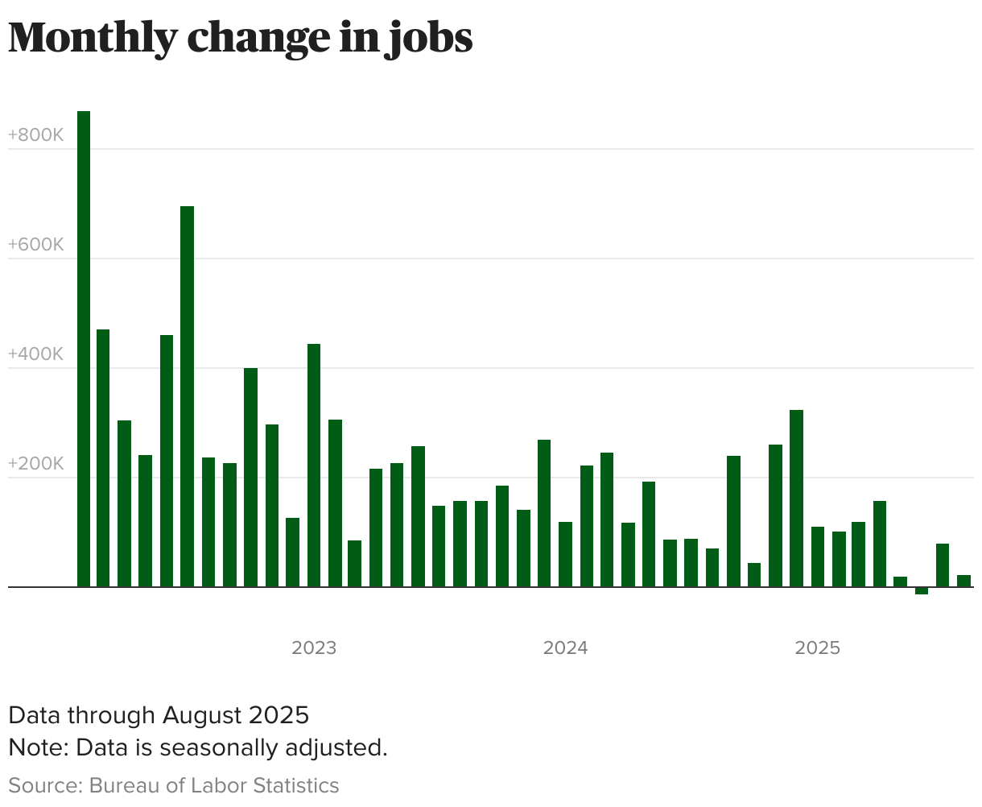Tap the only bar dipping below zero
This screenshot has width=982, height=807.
point(921,591)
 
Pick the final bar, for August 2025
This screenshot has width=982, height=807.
point(963,581)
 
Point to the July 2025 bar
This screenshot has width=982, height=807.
point(942,565)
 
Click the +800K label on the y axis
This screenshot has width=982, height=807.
point(35,135)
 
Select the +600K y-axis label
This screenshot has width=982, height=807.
point(35,245)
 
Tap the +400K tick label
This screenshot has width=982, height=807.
point(35,354)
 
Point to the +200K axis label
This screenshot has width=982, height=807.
point(35,464)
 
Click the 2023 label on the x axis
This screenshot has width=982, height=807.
point(314,648)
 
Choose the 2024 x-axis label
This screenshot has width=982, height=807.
point(566,648)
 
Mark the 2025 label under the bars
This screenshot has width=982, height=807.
point(818,648)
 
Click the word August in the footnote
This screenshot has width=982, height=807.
point(202,715)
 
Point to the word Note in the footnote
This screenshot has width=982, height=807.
point(37,747)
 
